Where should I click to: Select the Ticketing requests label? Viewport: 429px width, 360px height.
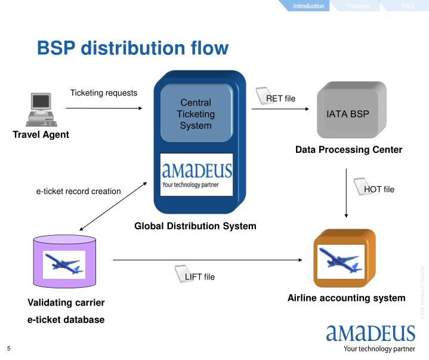point(104,93)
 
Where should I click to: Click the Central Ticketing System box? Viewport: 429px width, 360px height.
point(196,114)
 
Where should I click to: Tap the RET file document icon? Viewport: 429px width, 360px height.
point(263,96)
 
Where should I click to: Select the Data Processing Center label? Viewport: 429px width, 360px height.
point(348,150)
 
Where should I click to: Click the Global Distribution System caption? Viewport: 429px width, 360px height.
point(195,226)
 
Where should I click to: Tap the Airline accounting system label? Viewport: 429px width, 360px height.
point(346,297)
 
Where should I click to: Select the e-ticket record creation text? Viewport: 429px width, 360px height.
point(79,192)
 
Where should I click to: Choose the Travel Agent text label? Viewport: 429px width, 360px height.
point(41,135)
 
